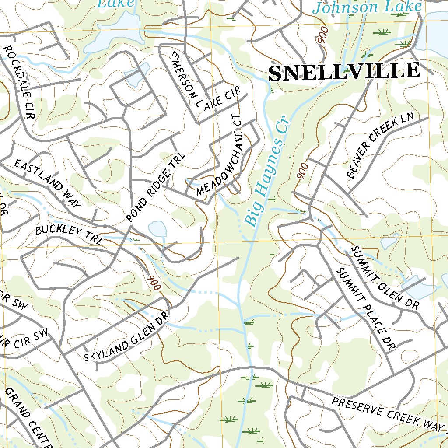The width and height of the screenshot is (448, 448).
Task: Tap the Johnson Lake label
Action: point(367,7)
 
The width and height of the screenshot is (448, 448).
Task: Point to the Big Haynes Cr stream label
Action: point(265,171)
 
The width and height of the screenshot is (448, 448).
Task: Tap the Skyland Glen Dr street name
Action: point(126,339)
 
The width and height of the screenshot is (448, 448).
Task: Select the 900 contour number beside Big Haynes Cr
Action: point(301,169)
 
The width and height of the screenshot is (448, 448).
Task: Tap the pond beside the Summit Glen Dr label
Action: point(418,287)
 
